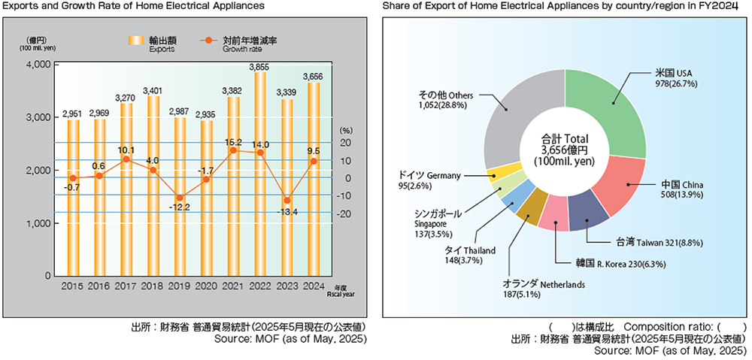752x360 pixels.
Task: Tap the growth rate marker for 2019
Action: pyautogui.click(x=179, y=198)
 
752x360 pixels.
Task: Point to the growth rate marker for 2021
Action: pyautogui.click(x=233, y=150)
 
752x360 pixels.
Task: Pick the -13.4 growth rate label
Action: pyautogui.click(x=287, y=211)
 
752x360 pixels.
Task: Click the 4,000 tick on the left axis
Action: pyautogui.click(x=38, y=65)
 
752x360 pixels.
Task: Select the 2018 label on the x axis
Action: pyautogui.click(x=153, y=286)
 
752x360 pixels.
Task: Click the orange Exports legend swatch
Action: pyautogui.click(x=136, y=40)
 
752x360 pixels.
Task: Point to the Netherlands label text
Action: pyautogui.click(x=543, y=284)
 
